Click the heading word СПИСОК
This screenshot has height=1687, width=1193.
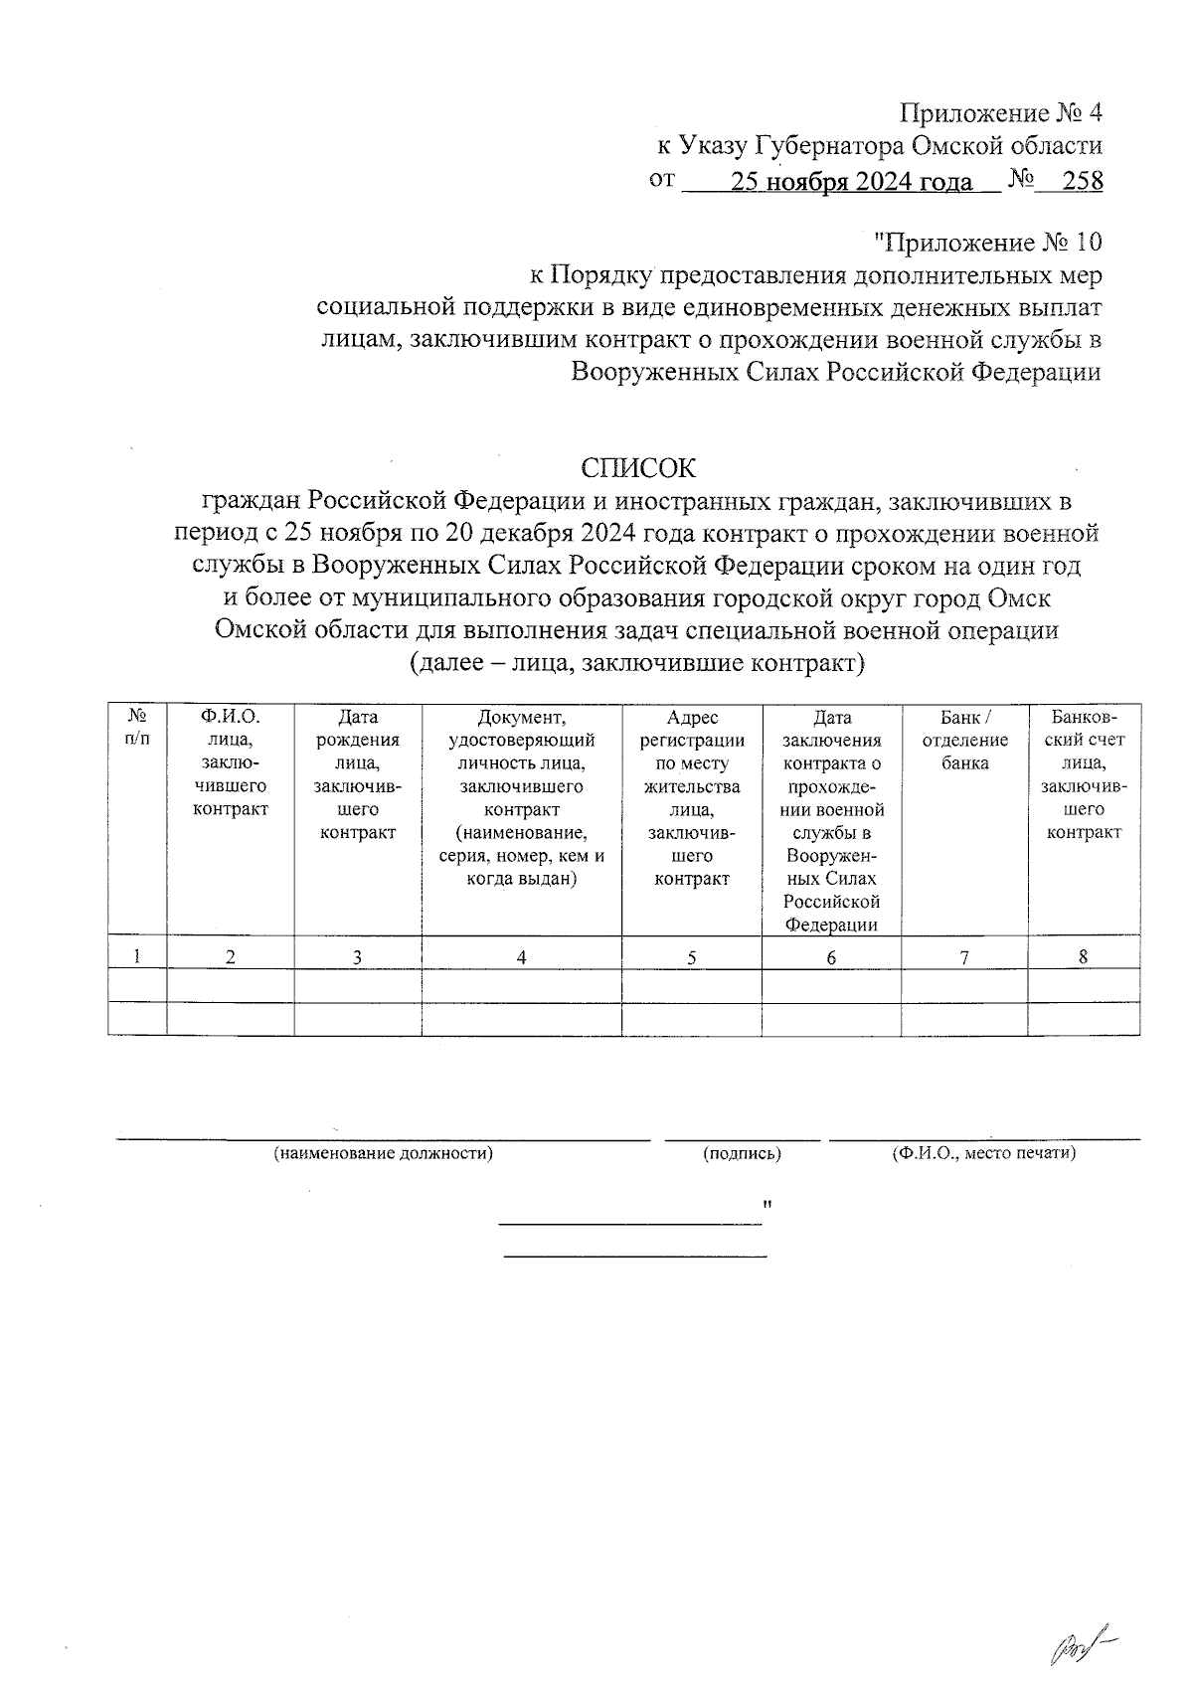638,468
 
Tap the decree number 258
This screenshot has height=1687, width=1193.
1082,182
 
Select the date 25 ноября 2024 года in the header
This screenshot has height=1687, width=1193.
851,182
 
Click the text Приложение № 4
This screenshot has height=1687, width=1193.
1001,112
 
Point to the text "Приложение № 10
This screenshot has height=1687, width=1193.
987,242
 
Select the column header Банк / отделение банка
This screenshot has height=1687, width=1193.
964,740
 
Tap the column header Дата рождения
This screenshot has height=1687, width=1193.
358,774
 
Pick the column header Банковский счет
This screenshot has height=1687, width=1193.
1084,774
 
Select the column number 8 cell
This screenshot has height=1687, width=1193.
1084,956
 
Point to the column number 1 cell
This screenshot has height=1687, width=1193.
137,956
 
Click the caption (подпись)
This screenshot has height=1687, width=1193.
742,1154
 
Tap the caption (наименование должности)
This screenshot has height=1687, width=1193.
384,1154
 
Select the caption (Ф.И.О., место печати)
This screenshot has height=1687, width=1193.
984,1154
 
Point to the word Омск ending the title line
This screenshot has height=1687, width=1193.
1020,599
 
